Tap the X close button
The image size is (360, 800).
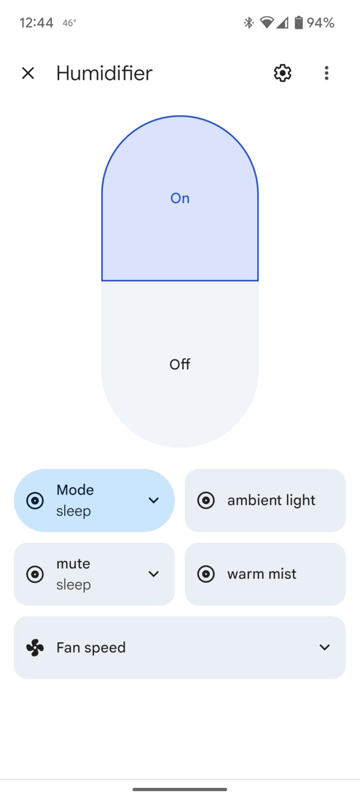click(28, 73)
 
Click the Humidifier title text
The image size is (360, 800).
click(104, 73)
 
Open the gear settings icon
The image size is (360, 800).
click(283, 73)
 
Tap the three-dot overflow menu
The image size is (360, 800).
click(326, 73)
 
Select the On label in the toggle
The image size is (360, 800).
click(180, 198)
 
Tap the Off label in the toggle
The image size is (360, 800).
click(180, 364)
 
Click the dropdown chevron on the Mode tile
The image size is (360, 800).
click(154, 500)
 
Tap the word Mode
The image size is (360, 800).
click(75, 490)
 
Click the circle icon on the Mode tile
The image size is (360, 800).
click(35, 501)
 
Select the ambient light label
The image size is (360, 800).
click(271, 500)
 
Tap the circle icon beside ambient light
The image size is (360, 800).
click(206, 500)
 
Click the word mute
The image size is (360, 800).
click(73, 564)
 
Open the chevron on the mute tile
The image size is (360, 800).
click(154, 574)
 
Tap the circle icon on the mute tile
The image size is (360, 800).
click(35, 574)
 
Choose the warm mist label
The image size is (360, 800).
click(262, 574)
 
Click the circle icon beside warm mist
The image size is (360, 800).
click(206, 574)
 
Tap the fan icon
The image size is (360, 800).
click(35, 647)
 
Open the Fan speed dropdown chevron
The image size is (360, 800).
click(325, 647)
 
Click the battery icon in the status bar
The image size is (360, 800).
click(299, 22)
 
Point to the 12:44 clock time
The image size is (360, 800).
click(36, 23)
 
